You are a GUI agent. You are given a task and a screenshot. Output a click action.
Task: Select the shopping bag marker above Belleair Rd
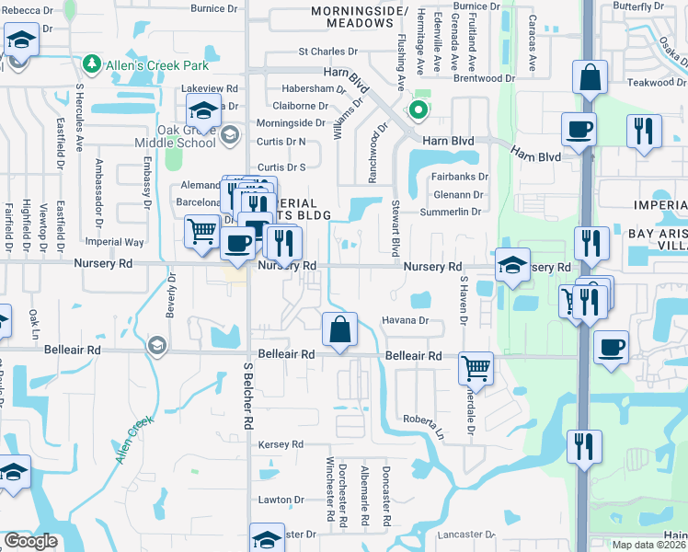pyautogui.click(x=339, y=329)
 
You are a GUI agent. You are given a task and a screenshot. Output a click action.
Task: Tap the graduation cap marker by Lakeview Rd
pyautogui.click(x=203, y=112)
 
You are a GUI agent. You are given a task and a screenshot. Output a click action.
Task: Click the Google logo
pyautogui.click(x=30, y=541)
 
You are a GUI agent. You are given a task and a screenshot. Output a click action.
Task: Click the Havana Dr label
pyautogui.click(x=406, y=320)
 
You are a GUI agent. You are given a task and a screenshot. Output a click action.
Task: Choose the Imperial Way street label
pyautogui.click(x=115, y=242)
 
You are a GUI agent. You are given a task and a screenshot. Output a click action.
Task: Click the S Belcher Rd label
pyautogui.click(x=248, y=396)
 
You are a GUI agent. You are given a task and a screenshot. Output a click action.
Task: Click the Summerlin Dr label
pyautogui.click(x=451, y=213)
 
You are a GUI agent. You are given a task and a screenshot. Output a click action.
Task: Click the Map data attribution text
pyautogui.click(x=649, y=544)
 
